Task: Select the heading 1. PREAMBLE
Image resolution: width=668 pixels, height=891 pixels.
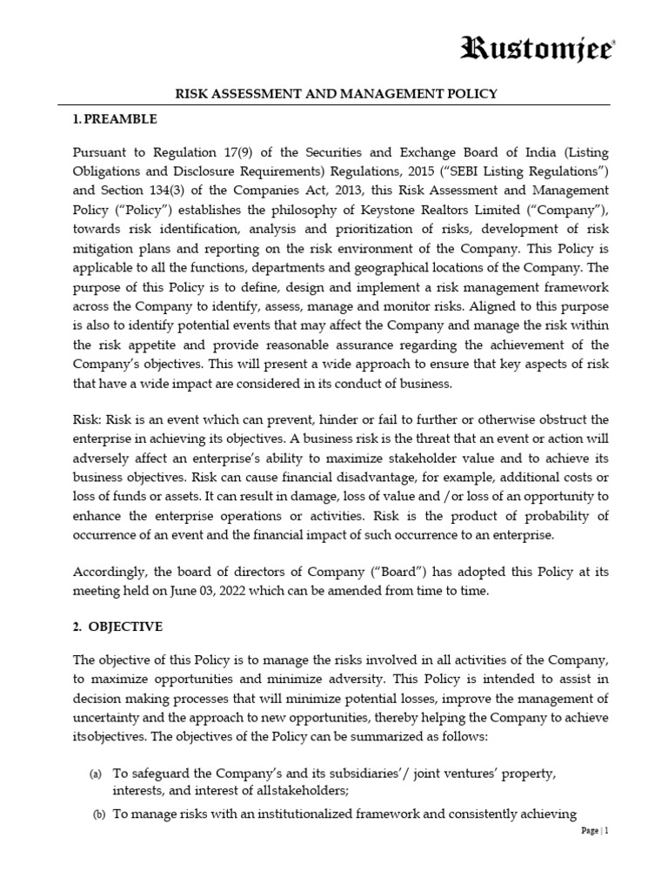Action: pos(114,117)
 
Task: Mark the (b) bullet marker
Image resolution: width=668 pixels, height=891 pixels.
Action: pos(98,814)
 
